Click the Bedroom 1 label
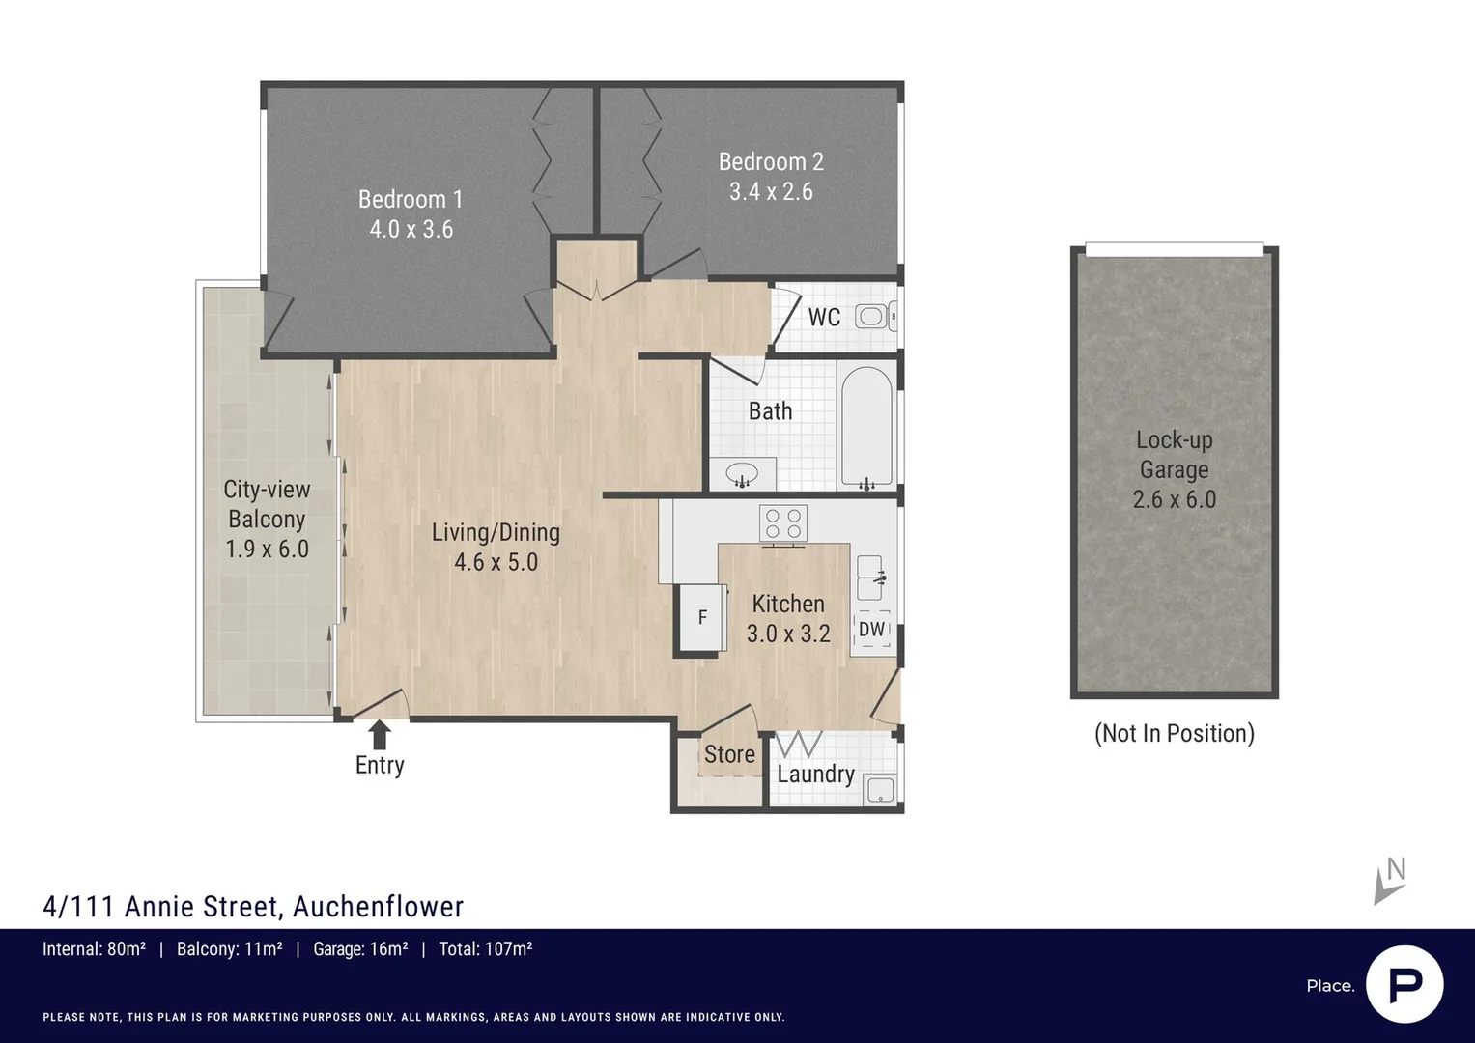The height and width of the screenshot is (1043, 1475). click(411, 199)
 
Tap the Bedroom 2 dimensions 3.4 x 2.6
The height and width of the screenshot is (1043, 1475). click(771, 191)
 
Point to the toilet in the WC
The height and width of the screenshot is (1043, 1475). click(876, 317)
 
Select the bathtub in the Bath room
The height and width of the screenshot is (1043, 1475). click(866, 428)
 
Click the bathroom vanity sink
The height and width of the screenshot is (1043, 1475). click(742, 474)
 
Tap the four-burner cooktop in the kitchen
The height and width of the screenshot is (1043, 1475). click(783, 524)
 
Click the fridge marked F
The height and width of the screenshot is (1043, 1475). click(702, 617)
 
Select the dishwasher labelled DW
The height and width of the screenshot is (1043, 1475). click(872, 630)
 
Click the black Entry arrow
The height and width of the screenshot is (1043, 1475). click(379, 734)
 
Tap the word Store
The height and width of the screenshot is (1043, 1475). click(729, 754)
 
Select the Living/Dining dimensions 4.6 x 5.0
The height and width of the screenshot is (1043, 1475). click(496, 562)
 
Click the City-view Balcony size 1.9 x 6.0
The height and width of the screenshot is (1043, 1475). click(267, 550)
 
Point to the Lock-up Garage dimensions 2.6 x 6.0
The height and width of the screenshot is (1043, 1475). click(1174, 500)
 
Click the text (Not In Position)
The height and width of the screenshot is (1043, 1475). click(1174, 734)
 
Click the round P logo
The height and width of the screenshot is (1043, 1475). click(1404, 985)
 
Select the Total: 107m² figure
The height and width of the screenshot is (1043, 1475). click(485, 948)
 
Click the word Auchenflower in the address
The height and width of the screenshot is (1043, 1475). click(378, 907)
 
